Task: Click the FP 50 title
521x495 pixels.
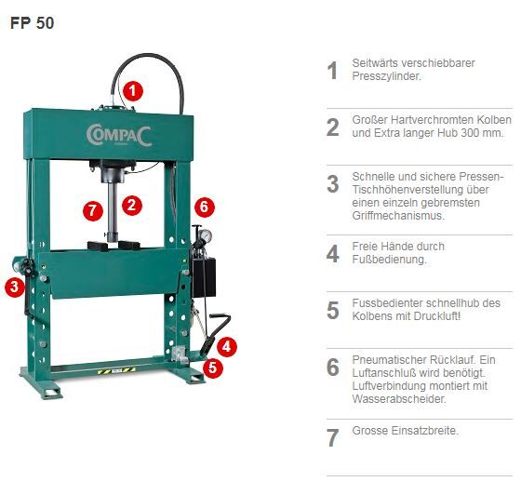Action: tap(32, 23)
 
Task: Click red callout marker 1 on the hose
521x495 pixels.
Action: tap(133, 90)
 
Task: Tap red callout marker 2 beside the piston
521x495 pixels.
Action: tap(132, 205)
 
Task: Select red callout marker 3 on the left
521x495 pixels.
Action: tap(14, 288)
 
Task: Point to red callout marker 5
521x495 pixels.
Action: tap(213, 367)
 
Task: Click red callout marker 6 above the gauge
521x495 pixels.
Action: tap(205, 207)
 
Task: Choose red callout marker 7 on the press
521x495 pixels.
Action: tap(91, 210)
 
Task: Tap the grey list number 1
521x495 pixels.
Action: tap(332, 71)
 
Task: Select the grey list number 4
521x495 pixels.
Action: tap(332, 253)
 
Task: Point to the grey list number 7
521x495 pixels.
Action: tap(332, 437)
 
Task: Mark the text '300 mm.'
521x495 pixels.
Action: tap(482, 133)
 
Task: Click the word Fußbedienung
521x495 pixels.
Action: tap(390, 260)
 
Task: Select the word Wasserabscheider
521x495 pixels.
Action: tap(399, 399)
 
